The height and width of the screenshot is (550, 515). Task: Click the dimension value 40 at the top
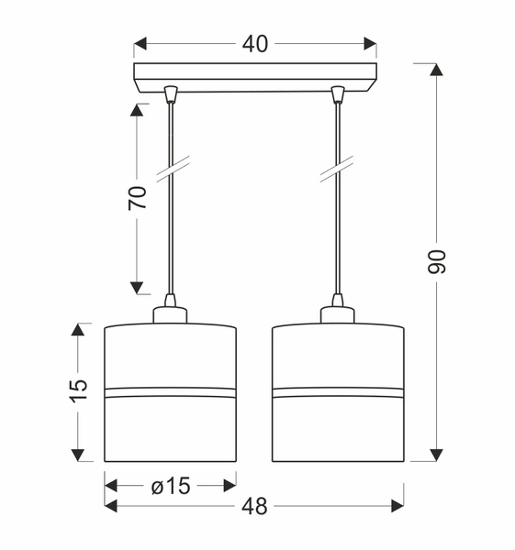[x=256, y=43]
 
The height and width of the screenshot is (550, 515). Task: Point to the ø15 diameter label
[x=170, y=486]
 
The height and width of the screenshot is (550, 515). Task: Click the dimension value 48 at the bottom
[x=256, y=505]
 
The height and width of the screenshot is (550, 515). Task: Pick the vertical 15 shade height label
[x=80, y=389]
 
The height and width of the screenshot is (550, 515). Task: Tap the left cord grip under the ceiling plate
[x=171, y=93]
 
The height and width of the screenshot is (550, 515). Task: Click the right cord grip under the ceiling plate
[x=338, y=93]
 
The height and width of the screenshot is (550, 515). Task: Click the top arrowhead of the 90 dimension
[x=437, y=70]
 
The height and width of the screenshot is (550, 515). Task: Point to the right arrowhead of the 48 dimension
[x=397, y=505]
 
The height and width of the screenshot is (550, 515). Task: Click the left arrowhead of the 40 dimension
[x=140, y=43]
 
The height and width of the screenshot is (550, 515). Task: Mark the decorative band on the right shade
[x=338, y=393]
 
